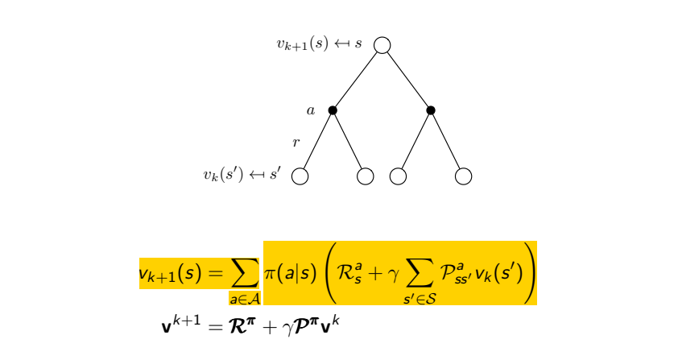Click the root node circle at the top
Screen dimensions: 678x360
click(382, 45)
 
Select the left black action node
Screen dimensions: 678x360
click(333, 110)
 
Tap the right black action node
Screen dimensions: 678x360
click(431, 110)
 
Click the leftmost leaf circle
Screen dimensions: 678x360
click(300, 176)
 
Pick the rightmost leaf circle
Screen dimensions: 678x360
click(463, 176)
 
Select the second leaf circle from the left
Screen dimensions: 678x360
click(365, 176)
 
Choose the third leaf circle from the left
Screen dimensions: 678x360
click(398, 176)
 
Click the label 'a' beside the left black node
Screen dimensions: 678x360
click(311, 110)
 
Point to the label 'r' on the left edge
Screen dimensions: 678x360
click(296, 143)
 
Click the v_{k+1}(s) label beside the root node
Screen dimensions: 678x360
click(302, 44)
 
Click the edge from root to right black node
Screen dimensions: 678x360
click(407, 78)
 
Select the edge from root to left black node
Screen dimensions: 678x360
click(357, 78)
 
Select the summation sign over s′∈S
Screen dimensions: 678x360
click(420, 275)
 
